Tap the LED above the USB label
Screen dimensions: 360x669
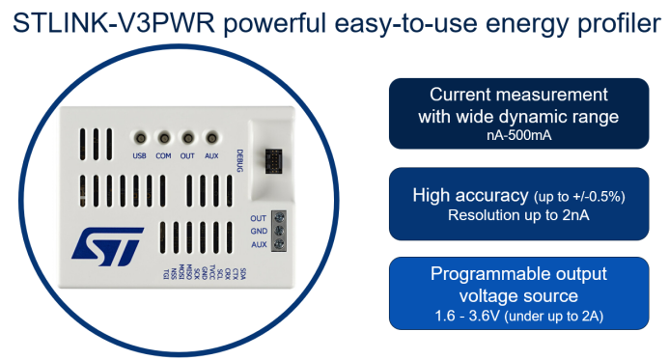tap(139, 139)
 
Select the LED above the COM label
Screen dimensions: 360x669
tap(163, 139)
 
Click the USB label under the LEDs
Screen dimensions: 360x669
tap(139, 154)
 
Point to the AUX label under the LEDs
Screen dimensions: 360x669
tap(210, 154)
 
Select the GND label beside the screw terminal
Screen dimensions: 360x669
tap(258, 232)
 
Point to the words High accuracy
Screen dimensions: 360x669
tap(470, 195)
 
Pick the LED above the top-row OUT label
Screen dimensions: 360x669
tap(187, 139)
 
